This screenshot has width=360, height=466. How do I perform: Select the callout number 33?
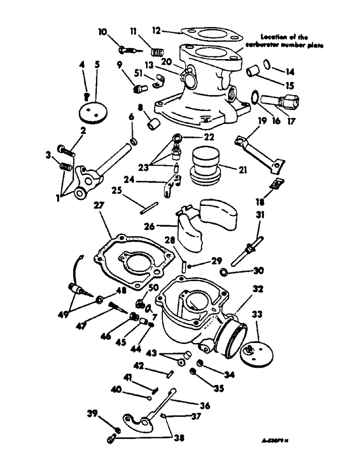click(257, 315)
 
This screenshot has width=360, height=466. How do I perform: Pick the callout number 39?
click(91, 413)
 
